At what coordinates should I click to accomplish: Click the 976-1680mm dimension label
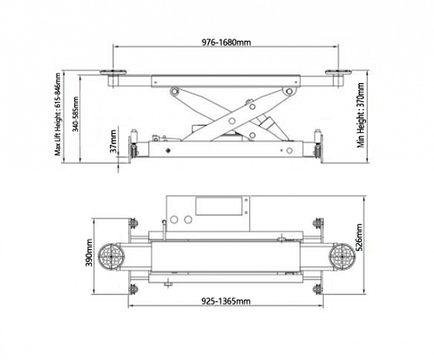(x=226, y=43)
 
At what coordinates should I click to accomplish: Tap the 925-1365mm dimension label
(x=226, y=301)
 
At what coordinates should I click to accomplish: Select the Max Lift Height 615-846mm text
(x=57, y=114)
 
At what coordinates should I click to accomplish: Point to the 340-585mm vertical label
(x=75, y=114)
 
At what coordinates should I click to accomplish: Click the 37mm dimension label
(x=114, y=141)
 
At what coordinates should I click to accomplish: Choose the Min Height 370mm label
(x=361, y=115)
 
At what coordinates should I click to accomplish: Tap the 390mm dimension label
(x=89, y=257)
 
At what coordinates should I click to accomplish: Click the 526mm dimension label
(x=359, y=237)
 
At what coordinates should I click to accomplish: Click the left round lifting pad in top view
(x=111, y=257)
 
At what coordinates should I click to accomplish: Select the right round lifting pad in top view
(x=342, y=257)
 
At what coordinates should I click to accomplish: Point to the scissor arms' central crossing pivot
(x=232, y=121)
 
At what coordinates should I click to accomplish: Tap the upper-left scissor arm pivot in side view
(x=174, y=91)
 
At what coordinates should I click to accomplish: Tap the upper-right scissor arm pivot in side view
(x=289, y=91)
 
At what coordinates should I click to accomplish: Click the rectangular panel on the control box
(x=219, y=207)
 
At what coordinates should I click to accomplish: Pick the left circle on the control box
(x=174, y=220)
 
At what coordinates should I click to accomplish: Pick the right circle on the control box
(x=188, y=220)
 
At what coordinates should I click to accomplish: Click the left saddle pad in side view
(x=114, y=72)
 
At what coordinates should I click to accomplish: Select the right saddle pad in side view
(x=339, y=72)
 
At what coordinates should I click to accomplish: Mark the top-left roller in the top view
(x=133, y=223)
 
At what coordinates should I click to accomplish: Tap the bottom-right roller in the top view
(x=318, y=289)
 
